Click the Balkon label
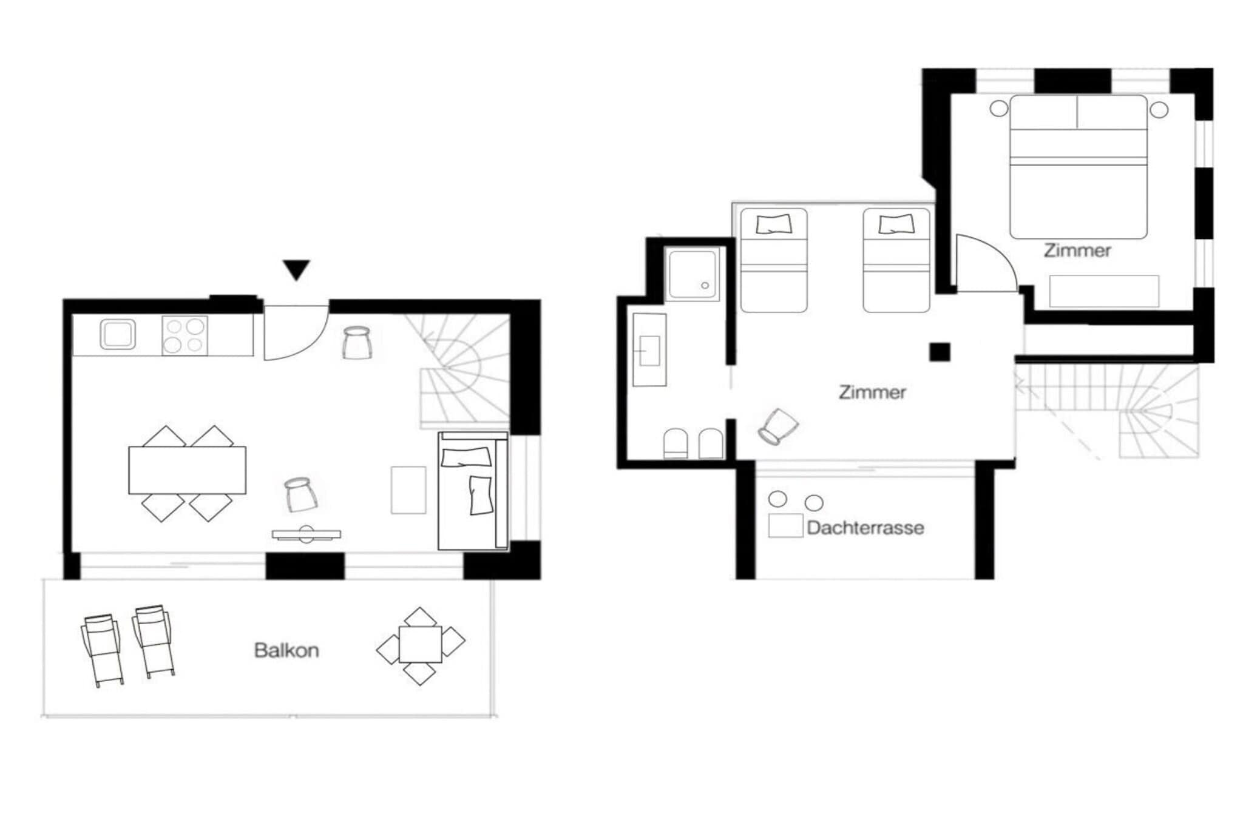(286, 650)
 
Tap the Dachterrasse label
(865, 528)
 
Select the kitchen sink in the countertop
(118, 335)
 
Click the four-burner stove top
(185, 335)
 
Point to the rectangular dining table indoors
(187, 470)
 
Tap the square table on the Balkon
(420, 644)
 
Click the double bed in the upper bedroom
(1078, 167)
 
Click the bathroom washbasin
(649, 350)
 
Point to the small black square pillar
(940, 352)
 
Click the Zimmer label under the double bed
(1077, 251)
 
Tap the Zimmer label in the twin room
(872, 392)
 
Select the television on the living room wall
(307, 534)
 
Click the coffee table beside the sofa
(408, 490)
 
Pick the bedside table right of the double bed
(1159, 110)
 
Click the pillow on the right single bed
(895, 224)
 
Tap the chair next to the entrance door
(357, 343)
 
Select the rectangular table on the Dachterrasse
(786, 525)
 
